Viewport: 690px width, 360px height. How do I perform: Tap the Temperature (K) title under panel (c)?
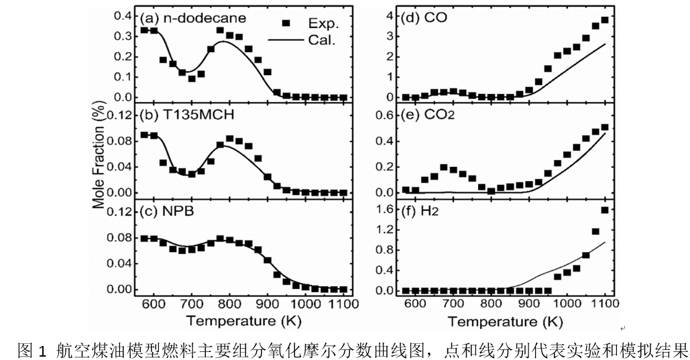coord(241,321)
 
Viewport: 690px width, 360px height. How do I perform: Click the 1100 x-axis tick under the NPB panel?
coord(343,304)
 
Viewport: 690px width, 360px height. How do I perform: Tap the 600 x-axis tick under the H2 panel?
coord(415,304)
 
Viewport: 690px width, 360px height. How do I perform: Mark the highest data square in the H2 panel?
coord(605,210)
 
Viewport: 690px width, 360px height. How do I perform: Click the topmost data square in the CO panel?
coord(605,20)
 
